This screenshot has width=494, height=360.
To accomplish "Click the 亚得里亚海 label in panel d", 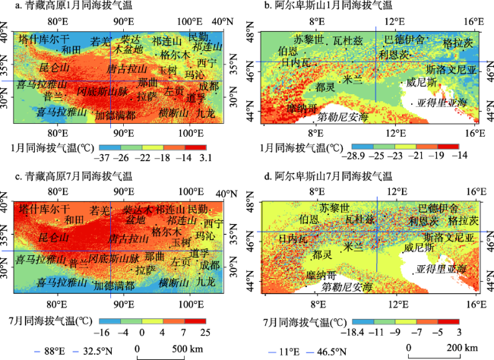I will (x=439, y=270).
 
